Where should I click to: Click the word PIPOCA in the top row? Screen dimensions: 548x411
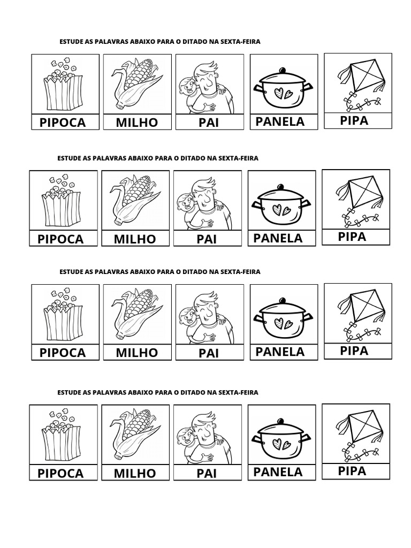point(63,123)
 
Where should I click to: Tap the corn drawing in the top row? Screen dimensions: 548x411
point(137,85)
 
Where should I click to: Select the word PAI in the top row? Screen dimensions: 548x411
point(209,123)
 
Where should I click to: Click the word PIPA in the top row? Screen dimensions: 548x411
point(354,120)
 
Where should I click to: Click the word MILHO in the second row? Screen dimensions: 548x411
point(135,239)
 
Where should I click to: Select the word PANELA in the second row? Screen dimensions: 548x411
point(278,238)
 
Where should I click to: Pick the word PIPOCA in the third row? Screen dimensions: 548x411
point(63,353)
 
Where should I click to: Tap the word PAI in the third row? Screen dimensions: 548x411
point(209,353)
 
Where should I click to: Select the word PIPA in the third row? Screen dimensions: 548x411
point(354,351)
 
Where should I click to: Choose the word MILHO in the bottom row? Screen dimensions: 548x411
point(135,473)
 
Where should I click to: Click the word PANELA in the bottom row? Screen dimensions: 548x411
point(278,472)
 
